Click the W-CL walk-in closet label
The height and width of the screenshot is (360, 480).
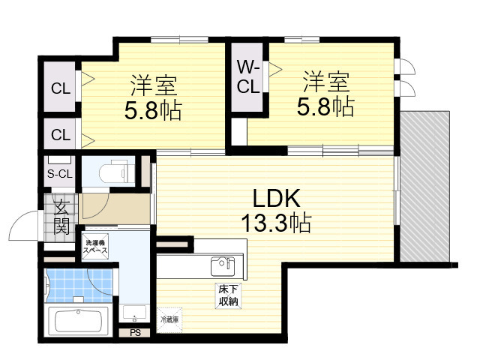point(249,76)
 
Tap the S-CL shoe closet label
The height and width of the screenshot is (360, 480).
point(60,174)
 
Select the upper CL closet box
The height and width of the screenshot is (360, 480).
point(60,88)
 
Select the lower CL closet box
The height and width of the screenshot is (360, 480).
point(60,135)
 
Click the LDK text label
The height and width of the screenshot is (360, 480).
point(275,199)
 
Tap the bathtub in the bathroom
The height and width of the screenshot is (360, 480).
point(79,322)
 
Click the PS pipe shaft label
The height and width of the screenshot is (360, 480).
point(135,332)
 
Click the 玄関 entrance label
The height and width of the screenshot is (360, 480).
point(61,213)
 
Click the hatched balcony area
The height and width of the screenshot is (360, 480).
point(425,187)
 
